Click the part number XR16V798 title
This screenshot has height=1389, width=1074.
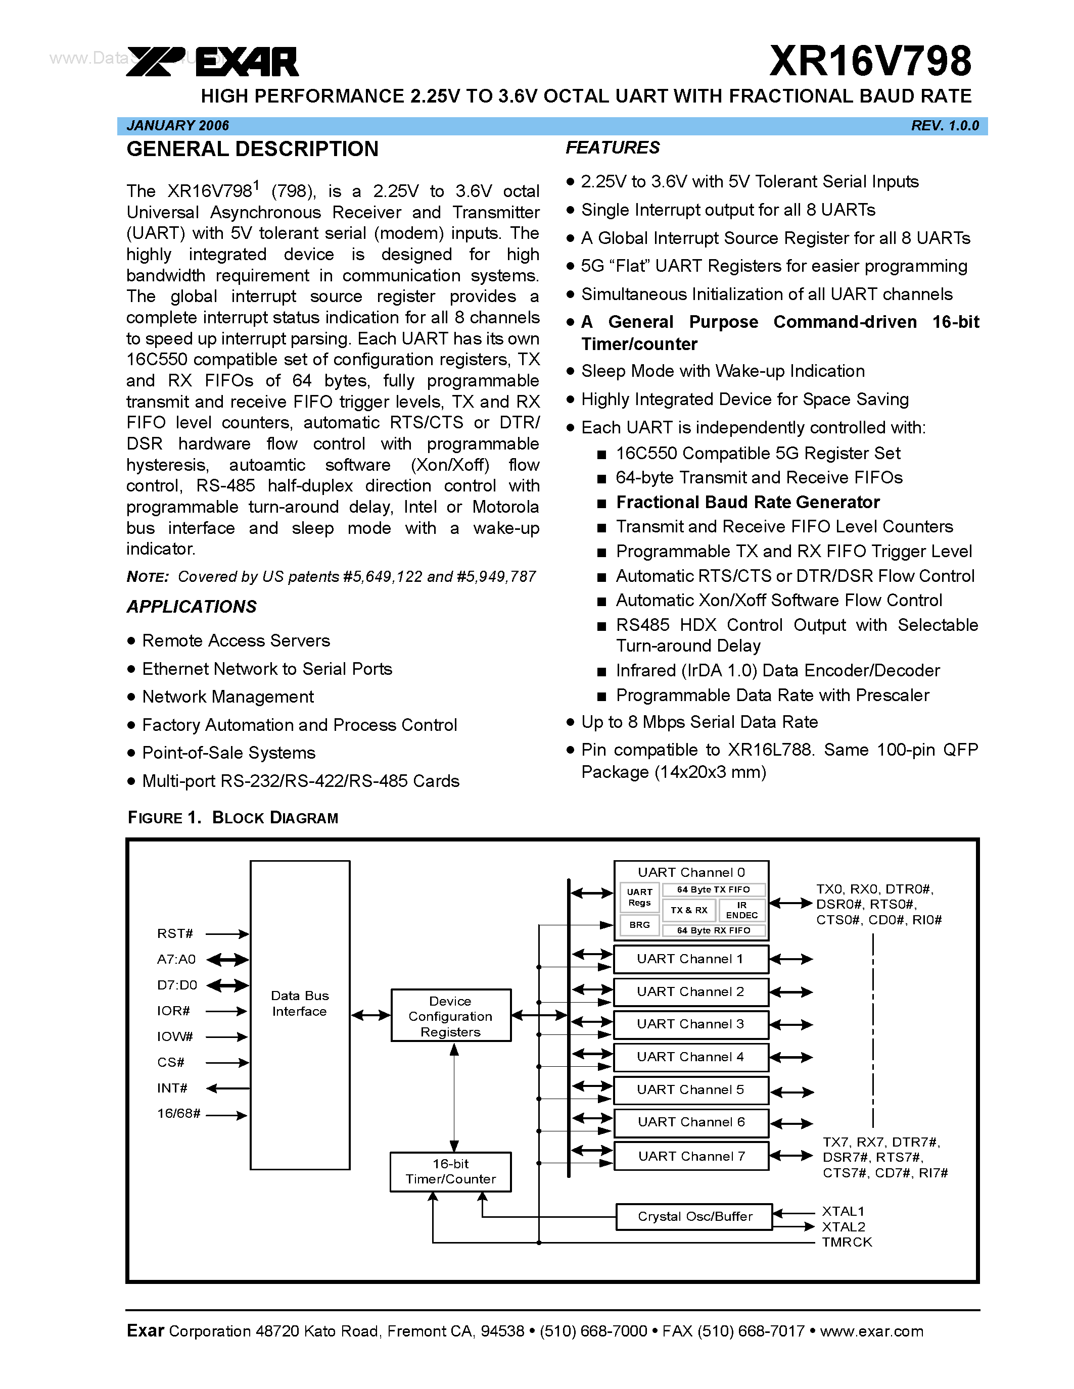tap(870, 62)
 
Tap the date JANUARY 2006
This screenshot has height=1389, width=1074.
tap(177, 126)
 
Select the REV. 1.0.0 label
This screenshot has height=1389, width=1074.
tap(944, 126)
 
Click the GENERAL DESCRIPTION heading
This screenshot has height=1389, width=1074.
tap(252, 150)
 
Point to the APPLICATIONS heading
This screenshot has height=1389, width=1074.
tap(192, 607)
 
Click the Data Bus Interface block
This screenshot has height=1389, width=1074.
tap(300, 1014)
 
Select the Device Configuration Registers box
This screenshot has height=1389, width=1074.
tap(450, 1016)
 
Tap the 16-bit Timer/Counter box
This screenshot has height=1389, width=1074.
tap(450, 1171)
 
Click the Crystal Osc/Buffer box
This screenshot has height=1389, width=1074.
tap(694, 1216)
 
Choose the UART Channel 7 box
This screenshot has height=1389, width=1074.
tap(691, 1156)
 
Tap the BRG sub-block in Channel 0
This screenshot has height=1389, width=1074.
tap(639, 924)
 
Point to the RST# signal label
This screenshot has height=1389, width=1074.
tap(175, 933)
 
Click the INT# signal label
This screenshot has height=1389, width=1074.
tap(172, 1088)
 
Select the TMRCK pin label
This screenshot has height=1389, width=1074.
tap(846, 1242)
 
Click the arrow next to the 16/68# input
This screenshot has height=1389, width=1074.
tap(226, 1115)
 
